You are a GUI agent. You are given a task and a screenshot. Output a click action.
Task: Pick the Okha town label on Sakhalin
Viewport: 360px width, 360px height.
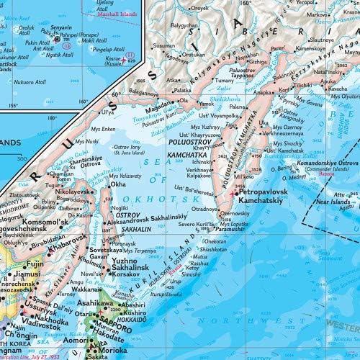[117, 184]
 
